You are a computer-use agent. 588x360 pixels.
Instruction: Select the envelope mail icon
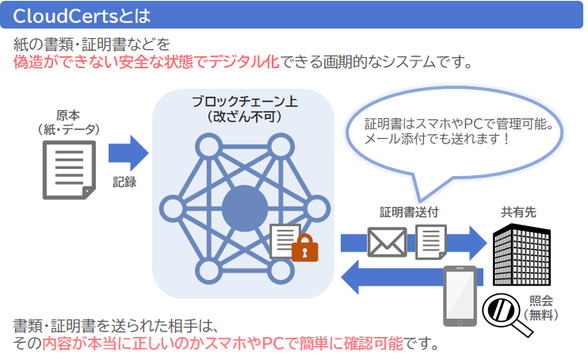coord(387,243)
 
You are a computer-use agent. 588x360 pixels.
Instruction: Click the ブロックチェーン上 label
coord(244,102)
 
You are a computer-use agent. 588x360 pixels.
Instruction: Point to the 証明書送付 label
coord(409,213)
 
